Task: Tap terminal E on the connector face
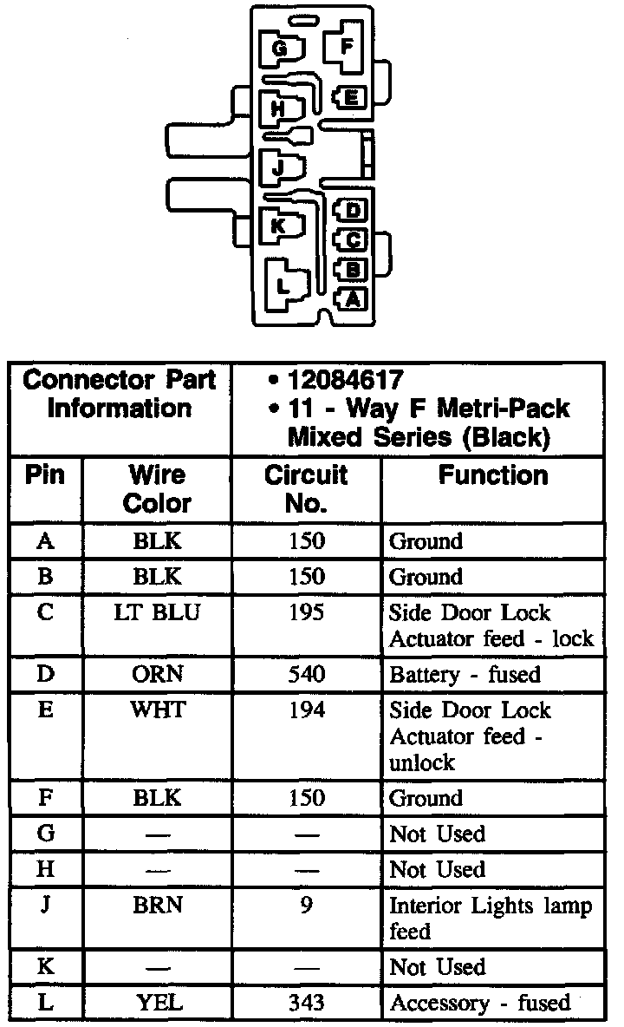349,98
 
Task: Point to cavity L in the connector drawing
283,284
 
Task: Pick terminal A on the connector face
351,298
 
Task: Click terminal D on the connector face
352,211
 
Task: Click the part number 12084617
346,380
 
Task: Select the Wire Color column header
158,488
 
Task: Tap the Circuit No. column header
306,488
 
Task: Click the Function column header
492,475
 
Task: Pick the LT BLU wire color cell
158,612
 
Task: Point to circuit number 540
306,674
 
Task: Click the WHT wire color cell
158,710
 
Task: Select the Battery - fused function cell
465,674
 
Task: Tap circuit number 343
306,1003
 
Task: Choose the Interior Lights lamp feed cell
491,919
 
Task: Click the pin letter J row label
47,906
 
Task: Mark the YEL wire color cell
158,1003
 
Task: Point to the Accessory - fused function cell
480,1003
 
